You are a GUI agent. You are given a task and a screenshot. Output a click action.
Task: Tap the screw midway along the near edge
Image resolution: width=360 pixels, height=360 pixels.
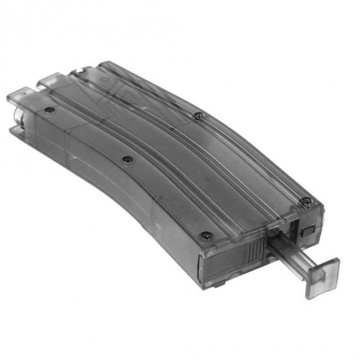click(127, 160)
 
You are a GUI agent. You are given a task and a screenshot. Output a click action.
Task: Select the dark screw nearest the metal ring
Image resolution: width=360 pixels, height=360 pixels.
click(49, 110)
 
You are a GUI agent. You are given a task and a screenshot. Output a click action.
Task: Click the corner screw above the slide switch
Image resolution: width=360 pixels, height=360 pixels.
click(305, 203)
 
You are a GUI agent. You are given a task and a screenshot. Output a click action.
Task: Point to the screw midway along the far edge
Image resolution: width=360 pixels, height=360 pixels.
click(198, 116)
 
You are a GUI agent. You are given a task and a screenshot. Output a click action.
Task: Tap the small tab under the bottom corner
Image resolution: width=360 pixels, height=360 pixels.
click(219, 284)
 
